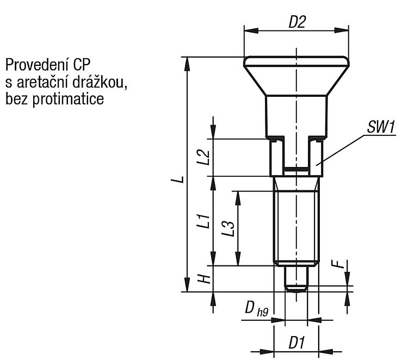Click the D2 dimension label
click(297, 22)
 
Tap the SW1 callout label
click(381, 127)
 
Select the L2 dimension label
click(203, 157)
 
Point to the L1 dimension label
click(203, 221)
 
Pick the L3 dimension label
click(228, 228)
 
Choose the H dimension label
click(203, 278)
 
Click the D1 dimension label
click(296, 342)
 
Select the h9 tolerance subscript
click(263, 312)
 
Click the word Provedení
click(36, 65)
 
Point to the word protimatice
click(68, 99)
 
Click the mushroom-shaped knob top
click(296, 76)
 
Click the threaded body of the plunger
click(296, 221)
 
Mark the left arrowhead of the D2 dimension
click(251, 30)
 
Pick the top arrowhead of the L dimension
click(187, 64)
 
